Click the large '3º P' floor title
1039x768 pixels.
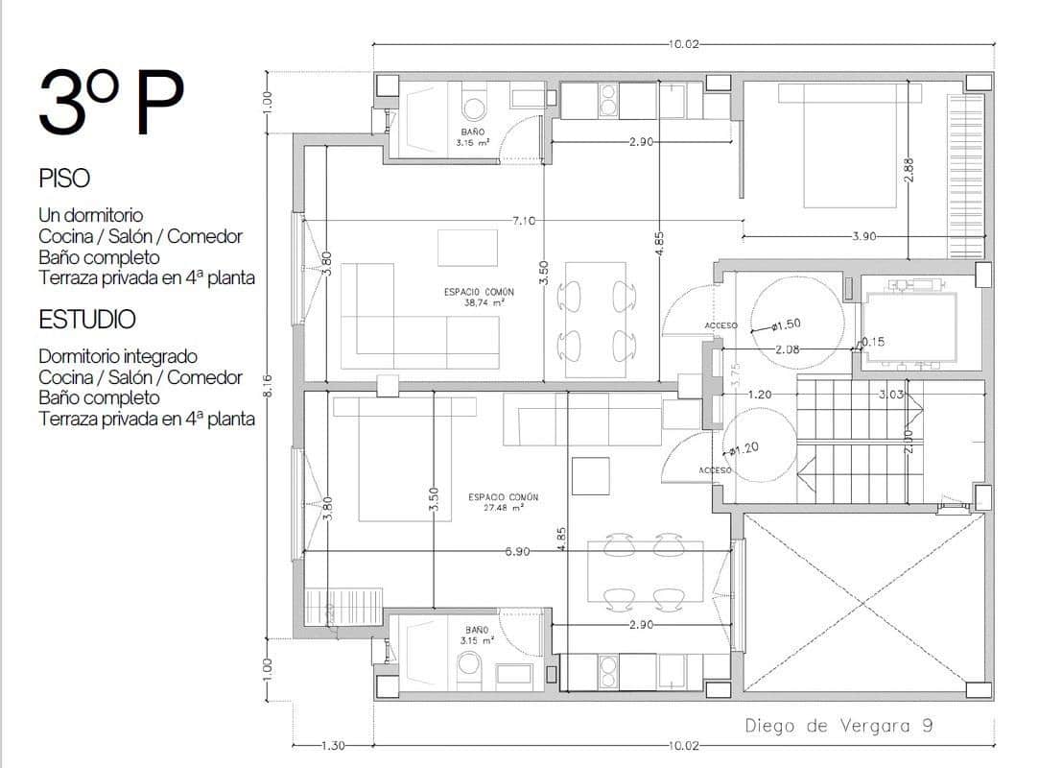coord(110,103)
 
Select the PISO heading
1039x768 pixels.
coord(64,179)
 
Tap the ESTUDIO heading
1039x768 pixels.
coord(86,320)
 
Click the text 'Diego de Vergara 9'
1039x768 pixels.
coord(838,726)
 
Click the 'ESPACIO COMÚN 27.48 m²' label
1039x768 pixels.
coord(503,502)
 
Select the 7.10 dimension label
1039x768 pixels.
coord(523,221)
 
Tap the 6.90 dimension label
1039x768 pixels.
coord(516,552)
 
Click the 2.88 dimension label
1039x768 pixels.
coord(909,173)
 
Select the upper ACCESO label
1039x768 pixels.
coord(720,325)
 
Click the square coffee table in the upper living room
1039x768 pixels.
coord(467,248)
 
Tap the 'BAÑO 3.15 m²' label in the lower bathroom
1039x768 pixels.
coord(477,635)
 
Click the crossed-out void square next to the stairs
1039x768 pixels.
coord(863,602)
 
